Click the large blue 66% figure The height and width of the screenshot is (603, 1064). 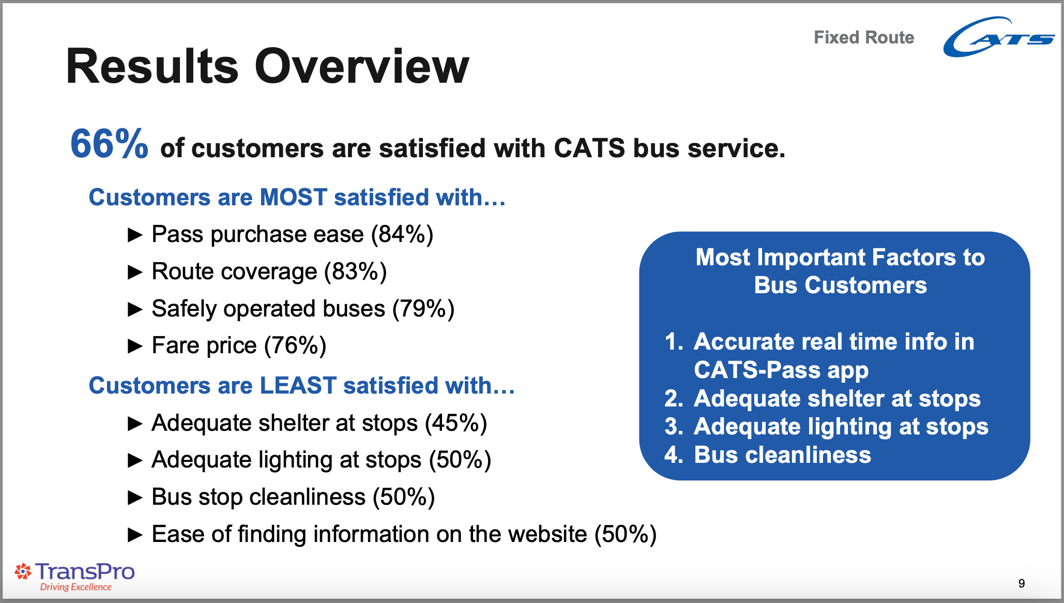[109, 144]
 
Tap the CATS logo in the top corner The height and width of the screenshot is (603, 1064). [998, 37]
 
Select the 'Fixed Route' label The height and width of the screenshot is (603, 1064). [864, 37]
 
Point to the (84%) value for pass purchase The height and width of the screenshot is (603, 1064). [402, 234]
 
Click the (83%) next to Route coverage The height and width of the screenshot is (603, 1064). [355, 272]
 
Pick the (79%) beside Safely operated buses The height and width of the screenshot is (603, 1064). [423, 309]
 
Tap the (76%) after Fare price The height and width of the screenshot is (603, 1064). [295, 345]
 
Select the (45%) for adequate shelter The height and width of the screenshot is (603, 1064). [456, 423]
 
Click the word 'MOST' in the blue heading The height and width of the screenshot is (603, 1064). [294, 197]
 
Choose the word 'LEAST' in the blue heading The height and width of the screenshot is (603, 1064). [298, 385]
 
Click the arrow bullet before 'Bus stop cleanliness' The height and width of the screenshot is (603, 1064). [135, 498]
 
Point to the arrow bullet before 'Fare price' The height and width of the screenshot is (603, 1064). [135, 345]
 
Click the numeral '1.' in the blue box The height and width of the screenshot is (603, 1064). [674, 342]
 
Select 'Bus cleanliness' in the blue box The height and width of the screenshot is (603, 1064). [782, 455]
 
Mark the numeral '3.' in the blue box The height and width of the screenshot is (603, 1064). [674, 427]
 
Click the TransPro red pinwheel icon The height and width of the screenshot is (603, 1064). [23, 571]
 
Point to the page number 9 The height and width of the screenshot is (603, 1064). [1022, 583]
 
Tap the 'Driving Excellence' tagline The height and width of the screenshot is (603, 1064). [76, 587]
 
